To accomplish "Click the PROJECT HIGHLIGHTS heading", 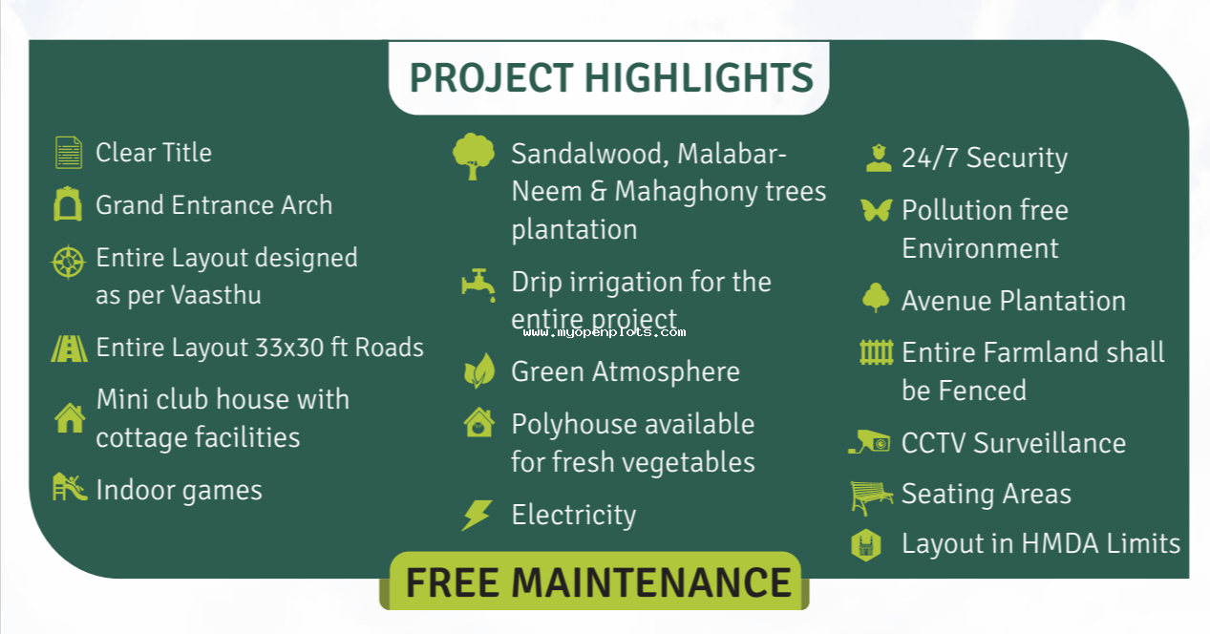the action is coord(611,77).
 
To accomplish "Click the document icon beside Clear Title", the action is coord(69,153).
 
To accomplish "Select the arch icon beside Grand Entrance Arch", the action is coord(68,204).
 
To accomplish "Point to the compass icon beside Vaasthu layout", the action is coord(68,262).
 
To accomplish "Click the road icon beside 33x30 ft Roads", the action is coord(69,349).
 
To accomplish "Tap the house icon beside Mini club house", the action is coord(70,418).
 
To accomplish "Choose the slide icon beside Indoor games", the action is coord(69,487).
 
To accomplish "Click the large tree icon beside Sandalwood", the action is coord(473,156).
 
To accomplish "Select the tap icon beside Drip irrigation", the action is coord(478,285).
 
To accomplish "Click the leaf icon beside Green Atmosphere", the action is coord(479,371).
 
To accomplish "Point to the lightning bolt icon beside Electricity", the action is coord(477,516).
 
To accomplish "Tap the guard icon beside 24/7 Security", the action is coord(879,158).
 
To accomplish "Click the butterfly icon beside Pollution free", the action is coord(876,210).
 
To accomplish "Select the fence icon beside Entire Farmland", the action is coord(876,352).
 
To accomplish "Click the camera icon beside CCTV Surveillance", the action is coord(869,442).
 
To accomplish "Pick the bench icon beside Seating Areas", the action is coord(871,497).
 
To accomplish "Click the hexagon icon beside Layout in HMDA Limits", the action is coord(866,545).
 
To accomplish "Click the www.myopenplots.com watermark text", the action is coord(605,332).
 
